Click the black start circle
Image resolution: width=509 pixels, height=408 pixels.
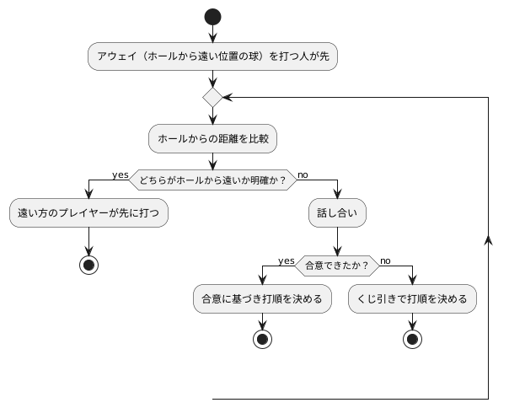click(212, 16)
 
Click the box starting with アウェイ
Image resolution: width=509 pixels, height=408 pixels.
click(212, 56)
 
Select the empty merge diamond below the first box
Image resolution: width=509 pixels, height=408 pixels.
click(212, 97)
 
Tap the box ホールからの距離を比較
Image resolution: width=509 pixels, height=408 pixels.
click(212, 138)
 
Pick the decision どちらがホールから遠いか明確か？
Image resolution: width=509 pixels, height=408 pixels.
click(212, 180)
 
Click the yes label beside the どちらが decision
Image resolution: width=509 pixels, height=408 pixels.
click(120, 174)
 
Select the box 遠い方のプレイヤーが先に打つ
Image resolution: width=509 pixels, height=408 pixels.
click(88, 214)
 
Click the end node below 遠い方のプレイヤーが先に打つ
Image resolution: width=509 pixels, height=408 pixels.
click(88, 263)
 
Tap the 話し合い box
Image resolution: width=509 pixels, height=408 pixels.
click(337, 214)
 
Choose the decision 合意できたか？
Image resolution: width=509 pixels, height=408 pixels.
click(337, 265)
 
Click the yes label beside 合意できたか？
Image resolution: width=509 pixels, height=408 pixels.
click(287, 260)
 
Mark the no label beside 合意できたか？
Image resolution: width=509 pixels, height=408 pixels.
click(386, 260)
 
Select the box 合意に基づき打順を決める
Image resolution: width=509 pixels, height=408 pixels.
click(262, 298)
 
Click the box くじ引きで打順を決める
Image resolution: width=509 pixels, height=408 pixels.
click(413, 298)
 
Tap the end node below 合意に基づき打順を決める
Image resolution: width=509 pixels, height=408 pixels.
click(262, 339)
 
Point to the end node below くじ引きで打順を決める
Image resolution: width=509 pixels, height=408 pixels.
click(413, 339)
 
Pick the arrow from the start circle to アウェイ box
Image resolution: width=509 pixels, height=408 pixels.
click(212, 33)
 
